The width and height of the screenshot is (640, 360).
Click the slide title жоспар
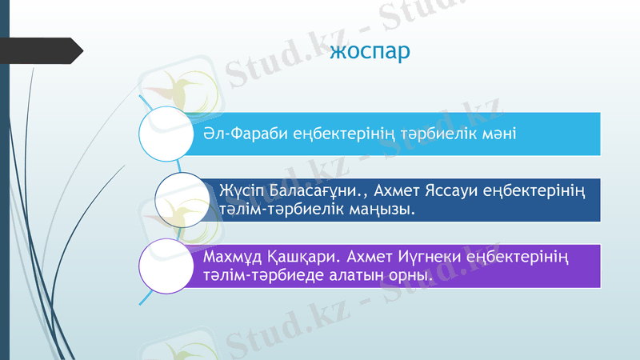(x=370, y=53)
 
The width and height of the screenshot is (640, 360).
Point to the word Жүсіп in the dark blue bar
(x=238, y=193)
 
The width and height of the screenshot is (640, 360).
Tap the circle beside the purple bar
(x=167, y=266)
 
